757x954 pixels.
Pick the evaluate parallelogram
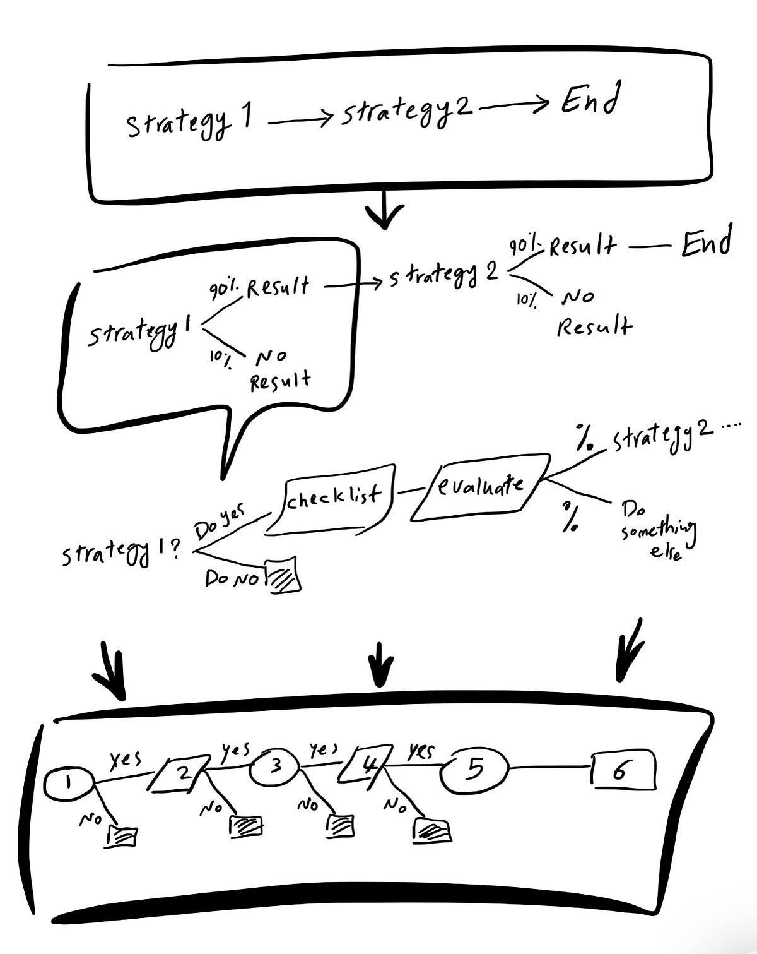click(x=480, y=487)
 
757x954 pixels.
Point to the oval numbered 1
click(x=69, y=784)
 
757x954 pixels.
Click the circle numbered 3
click(x=274, y=767)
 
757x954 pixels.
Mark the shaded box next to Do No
click(x=283, y=575)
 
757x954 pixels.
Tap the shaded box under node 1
click(x=121, y=837)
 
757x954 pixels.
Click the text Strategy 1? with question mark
click(x=121, y=553)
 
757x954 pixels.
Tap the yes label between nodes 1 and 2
click(x=126, y=760)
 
